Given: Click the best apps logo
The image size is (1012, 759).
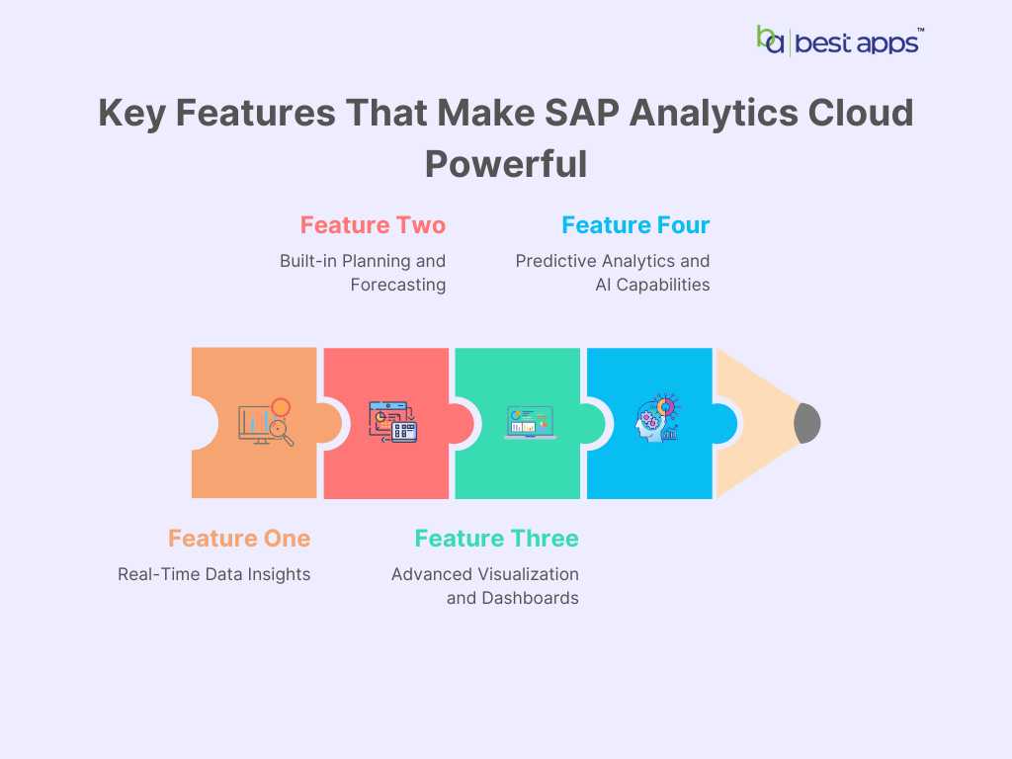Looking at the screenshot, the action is click(x=840, y=42).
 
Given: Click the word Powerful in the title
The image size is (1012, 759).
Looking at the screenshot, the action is click(x=506, y=164).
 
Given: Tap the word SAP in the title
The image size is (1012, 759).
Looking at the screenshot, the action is click(x=582, y=113).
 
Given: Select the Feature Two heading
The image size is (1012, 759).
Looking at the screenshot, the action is click(x=373, y=225).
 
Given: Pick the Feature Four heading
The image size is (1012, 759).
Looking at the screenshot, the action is click(x=635, y=225).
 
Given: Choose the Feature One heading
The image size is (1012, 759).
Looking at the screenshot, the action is click(x=239, y=539).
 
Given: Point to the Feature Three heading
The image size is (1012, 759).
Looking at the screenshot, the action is click(x=496, y=539).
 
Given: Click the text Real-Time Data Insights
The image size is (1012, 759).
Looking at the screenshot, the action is click(x=213, y=574).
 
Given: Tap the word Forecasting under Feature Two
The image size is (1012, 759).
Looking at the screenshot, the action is click(x=398, y=285).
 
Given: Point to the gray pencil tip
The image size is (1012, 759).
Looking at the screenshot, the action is click(x=807, y=423).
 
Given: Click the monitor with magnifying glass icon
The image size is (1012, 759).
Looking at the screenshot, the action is click(x=266, y=422).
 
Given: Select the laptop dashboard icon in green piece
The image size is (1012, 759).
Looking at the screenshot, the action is click(x=530, y=423).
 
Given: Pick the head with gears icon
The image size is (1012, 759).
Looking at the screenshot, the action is click(x=657, y=418).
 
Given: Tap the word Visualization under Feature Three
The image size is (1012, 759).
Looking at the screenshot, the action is click(x=526, y=574).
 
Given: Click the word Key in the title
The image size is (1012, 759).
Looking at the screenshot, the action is click(x=132, y=114).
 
